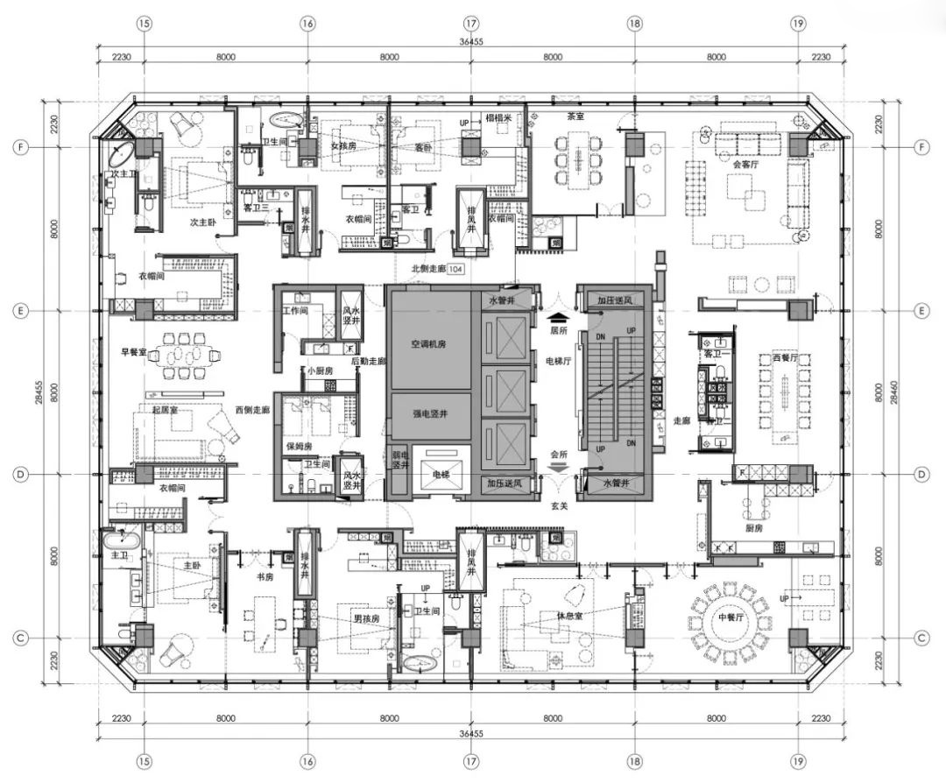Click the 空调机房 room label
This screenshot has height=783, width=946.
tap(429, 345)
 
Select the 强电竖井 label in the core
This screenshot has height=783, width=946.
tap(429, 413)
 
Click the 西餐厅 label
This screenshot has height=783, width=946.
tap(762, 358)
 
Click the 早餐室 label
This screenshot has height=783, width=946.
tap(133, 353)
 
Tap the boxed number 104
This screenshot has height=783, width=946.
tap(455, 270)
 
